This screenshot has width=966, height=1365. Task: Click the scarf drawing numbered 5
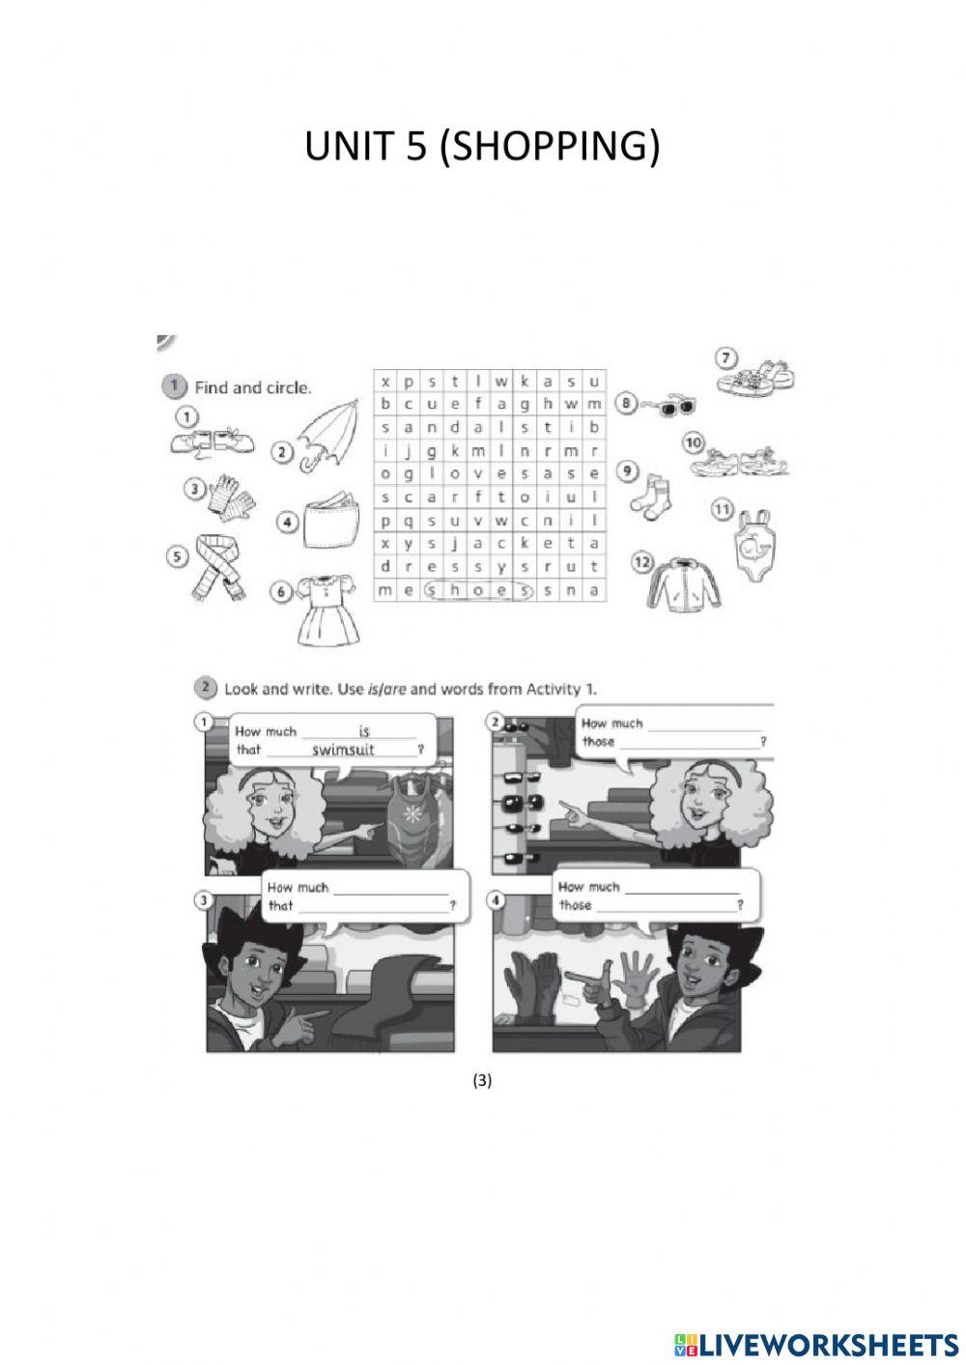pos(219,568)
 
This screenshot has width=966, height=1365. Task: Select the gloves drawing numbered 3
pos(231,495)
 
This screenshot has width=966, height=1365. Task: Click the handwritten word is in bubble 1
pos(364,731)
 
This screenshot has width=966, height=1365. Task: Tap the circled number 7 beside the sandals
pos(726,357)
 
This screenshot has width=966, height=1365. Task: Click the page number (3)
pos(482,1080)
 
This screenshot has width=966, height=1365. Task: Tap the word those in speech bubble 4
pos(576,905)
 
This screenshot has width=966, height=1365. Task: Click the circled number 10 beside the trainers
pos(693,442)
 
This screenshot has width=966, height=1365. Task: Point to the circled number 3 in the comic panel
pos(203,899)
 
